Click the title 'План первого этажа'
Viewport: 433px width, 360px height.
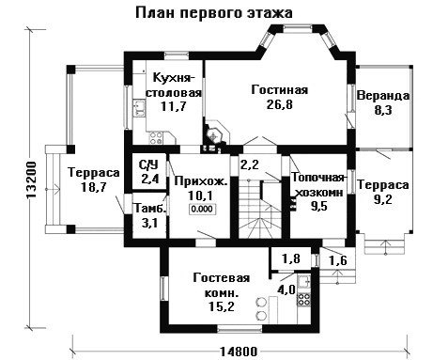point(214,13)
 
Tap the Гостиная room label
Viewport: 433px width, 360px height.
point(280,90)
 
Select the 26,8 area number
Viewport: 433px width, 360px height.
point(280,104)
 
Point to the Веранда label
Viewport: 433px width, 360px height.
point(383,96)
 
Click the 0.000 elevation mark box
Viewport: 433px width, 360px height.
point(202,209)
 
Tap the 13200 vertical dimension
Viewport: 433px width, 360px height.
point(31,180)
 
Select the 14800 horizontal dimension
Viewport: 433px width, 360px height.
point(239,352)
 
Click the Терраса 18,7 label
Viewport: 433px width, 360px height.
point(94,180)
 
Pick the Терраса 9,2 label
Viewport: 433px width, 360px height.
point(383,192)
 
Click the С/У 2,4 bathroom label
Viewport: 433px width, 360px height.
point(149,172)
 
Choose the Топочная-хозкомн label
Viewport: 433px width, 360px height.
point(318,185)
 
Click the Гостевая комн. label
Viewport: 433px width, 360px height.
point(222,286)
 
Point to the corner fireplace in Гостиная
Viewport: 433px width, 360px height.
point(216,134)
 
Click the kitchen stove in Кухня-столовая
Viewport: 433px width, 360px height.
point(157,137)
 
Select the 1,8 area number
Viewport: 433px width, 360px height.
point(291,258)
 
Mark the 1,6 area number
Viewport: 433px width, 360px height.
point(338,260)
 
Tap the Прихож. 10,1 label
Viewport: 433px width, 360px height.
point(201,188)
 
